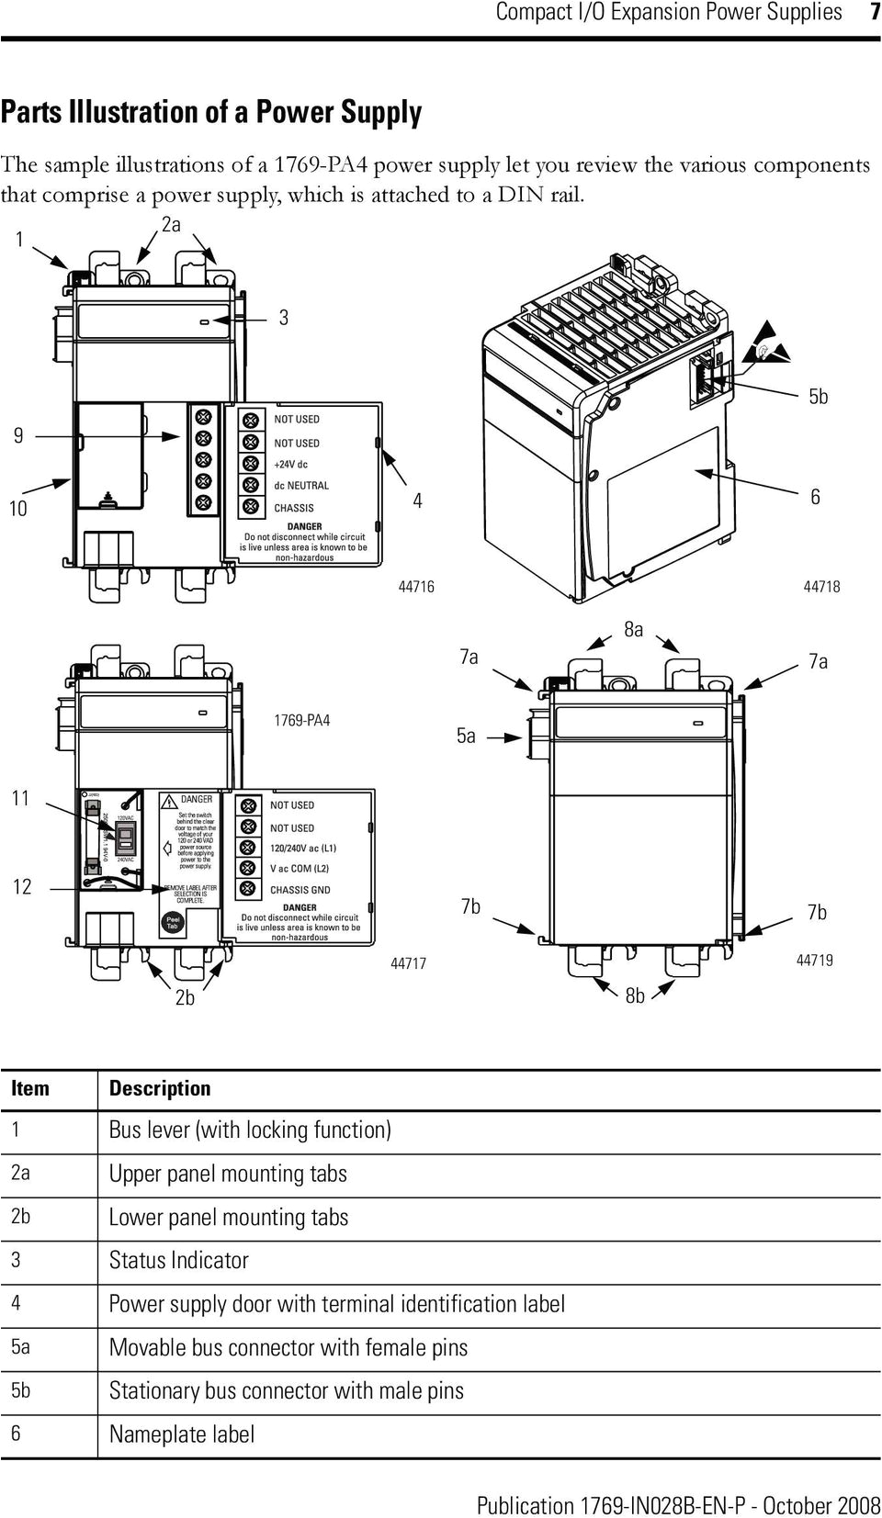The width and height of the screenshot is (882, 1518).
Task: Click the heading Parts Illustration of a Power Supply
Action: tap(211, 113)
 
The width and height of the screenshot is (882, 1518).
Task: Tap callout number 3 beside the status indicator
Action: tap(284, 318)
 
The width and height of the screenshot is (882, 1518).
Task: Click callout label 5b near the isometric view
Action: tap(818, 397)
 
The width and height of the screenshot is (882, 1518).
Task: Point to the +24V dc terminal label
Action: tap(290, 464)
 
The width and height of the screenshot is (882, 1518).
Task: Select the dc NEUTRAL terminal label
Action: tap(300, 486)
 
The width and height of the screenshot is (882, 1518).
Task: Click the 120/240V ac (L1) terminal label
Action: tap(302, 849)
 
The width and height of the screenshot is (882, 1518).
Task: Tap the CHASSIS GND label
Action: tap(300, 890)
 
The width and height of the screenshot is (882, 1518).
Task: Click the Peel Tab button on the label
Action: tap(172, 923)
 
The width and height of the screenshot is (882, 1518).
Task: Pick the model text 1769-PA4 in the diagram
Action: tap(301, 721)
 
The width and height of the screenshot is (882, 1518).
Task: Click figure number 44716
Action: tap(416, 587)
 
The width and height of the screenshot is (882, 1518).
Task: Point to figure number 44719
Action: tap(814, 961)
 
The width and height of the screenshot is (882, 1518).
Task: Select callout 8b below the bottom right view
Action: tap(634, 996)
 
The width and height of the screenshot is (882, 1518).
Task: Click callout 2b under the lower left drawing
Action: tap(185, 997)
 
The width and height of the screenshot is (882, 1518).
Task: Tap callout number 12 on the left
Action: tap(22, 886)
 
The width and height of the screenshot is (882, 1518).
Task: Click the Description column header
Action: tap(160, 1088)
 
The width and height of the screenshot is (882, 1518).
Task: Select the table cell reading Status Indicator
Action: tap(179, 1260)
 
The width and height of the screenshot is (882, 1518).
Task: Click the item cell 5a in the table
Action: tap(20, 1347)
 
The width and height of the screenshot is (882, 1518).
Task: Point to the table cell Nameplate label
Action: tap(182, 1434)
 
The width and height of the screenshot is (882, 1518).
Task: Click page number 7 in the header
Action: tap(874, 13)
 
